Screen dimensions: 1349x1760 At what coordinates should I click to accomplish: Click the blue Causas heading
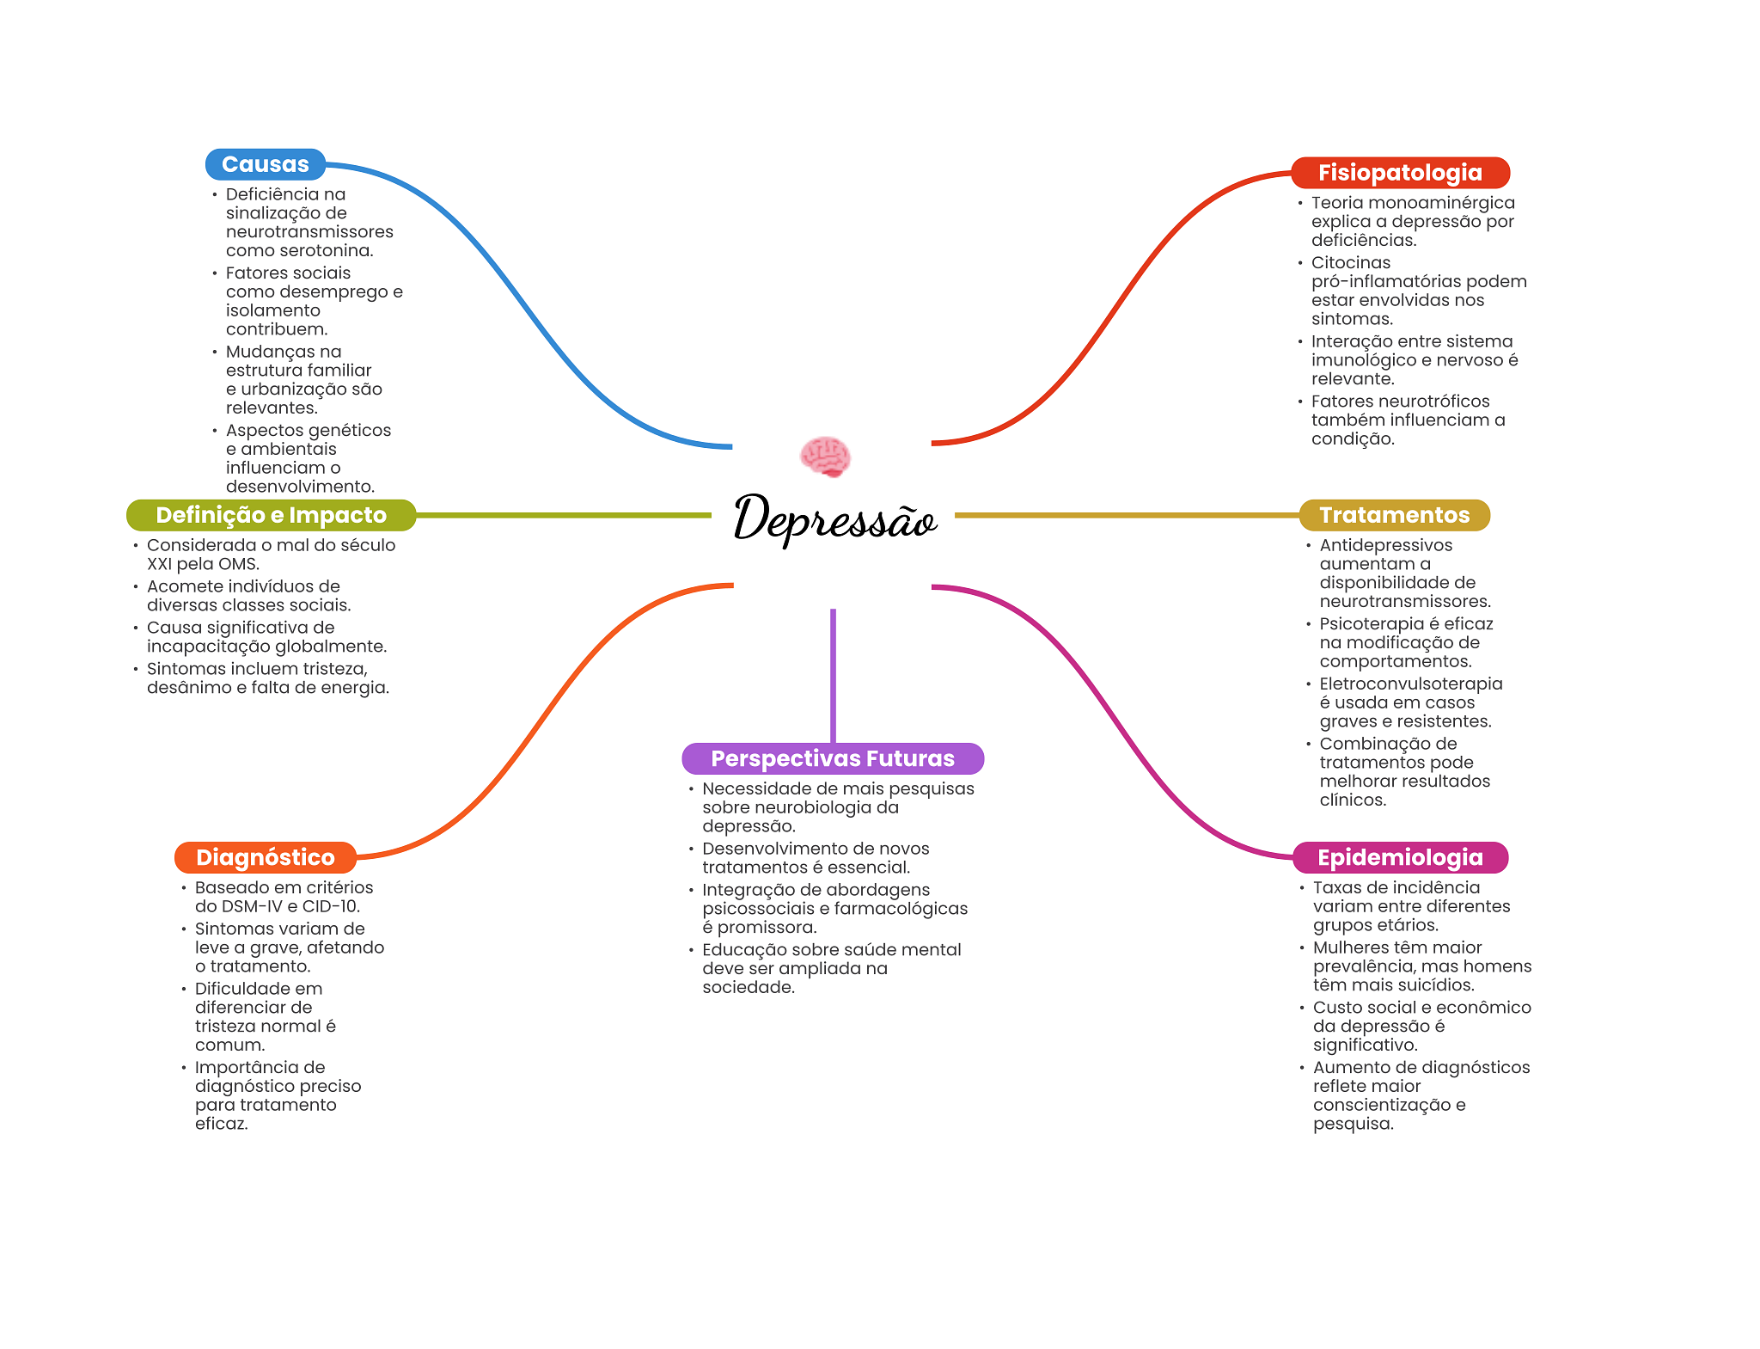265,164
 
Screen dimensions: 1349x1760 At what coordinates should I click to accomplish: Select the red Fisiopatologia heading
1400,173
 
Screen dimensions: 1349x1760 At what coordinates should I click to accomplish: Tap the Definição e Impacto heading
271,515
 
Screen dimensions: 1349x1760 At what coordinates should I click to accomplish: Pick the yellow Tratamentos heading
1394,515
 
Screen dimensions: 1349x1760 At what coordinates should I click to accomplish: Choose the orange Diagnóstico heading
265,857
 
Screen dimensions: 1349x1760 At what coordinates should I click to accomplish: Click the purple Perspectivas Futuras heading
832,758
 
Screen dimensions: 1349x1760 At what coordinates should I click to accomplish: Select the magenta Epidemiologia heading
1400,857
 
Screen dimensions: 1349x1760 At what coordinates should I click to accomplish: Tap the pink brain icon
825,456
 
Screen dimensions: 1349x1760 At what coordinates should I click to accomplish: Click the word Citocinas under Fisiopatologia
1350,263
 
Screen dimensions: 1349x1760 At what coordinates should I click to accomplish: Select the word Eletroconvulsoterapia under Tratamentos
1410,684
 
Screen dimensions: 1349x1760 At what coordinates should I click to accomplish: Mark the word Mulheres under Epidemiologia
1350,947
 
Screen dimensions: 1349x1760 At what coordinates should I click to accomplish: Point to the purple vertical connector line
833,675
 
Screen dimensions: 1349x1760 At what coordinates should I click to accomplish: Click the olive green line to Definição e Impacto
563,515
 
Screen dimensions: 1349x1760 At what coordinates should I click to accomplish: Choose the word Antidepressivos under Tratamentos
1385,545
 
